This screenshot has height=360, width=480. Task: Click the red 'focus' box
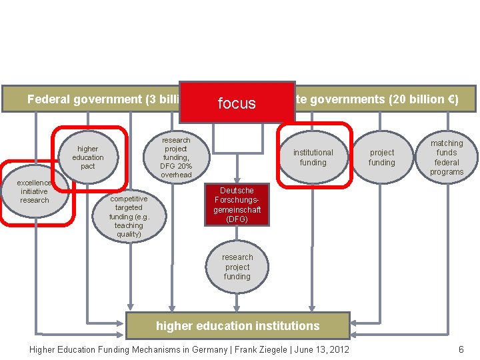point(237,103)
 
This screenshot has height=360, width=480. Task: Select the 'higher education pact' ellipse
point(88,157)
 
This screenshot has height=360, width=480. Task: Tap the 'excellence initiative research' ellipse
point(35,191)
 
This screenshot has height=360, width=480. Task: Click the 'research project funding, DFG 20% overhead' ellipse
point(176,157)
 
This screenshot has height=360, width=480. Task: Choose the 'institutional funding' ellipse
point(313,157)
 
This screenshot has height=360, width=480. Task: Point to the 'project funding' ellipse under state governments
point(382,157)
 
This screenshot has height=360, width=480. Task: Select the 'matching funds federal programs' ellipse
point(447,157)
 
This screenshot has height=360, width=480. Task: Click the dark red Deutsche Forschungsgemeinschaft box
point(237,205)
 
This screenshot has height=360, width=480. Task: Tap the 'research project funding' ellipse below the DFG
point(237,267)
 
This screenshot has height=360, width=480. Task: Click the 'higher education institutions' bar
point(237,326)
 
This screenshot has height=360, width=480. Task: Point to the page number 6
point(461,350)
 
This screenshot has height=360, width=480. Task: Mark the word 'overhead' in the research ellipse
point(176,175)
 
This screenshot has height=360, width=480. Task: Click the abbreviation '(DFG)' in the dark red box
point(237,219)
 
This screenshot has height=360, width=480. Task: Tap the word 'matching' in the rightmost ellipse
point(447,143)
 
